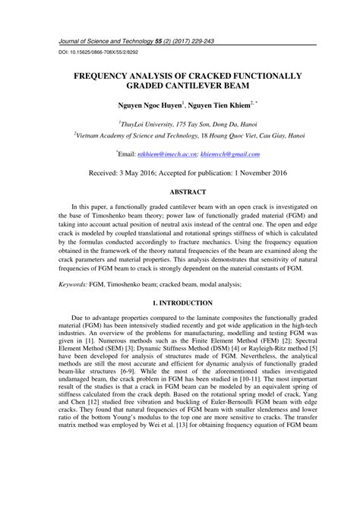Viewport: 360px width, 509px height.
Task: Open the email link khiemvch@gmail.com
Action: (x=233, y=154)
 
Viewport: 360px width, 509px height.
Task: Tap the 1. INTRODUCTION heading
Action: (x=180, y=302)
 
